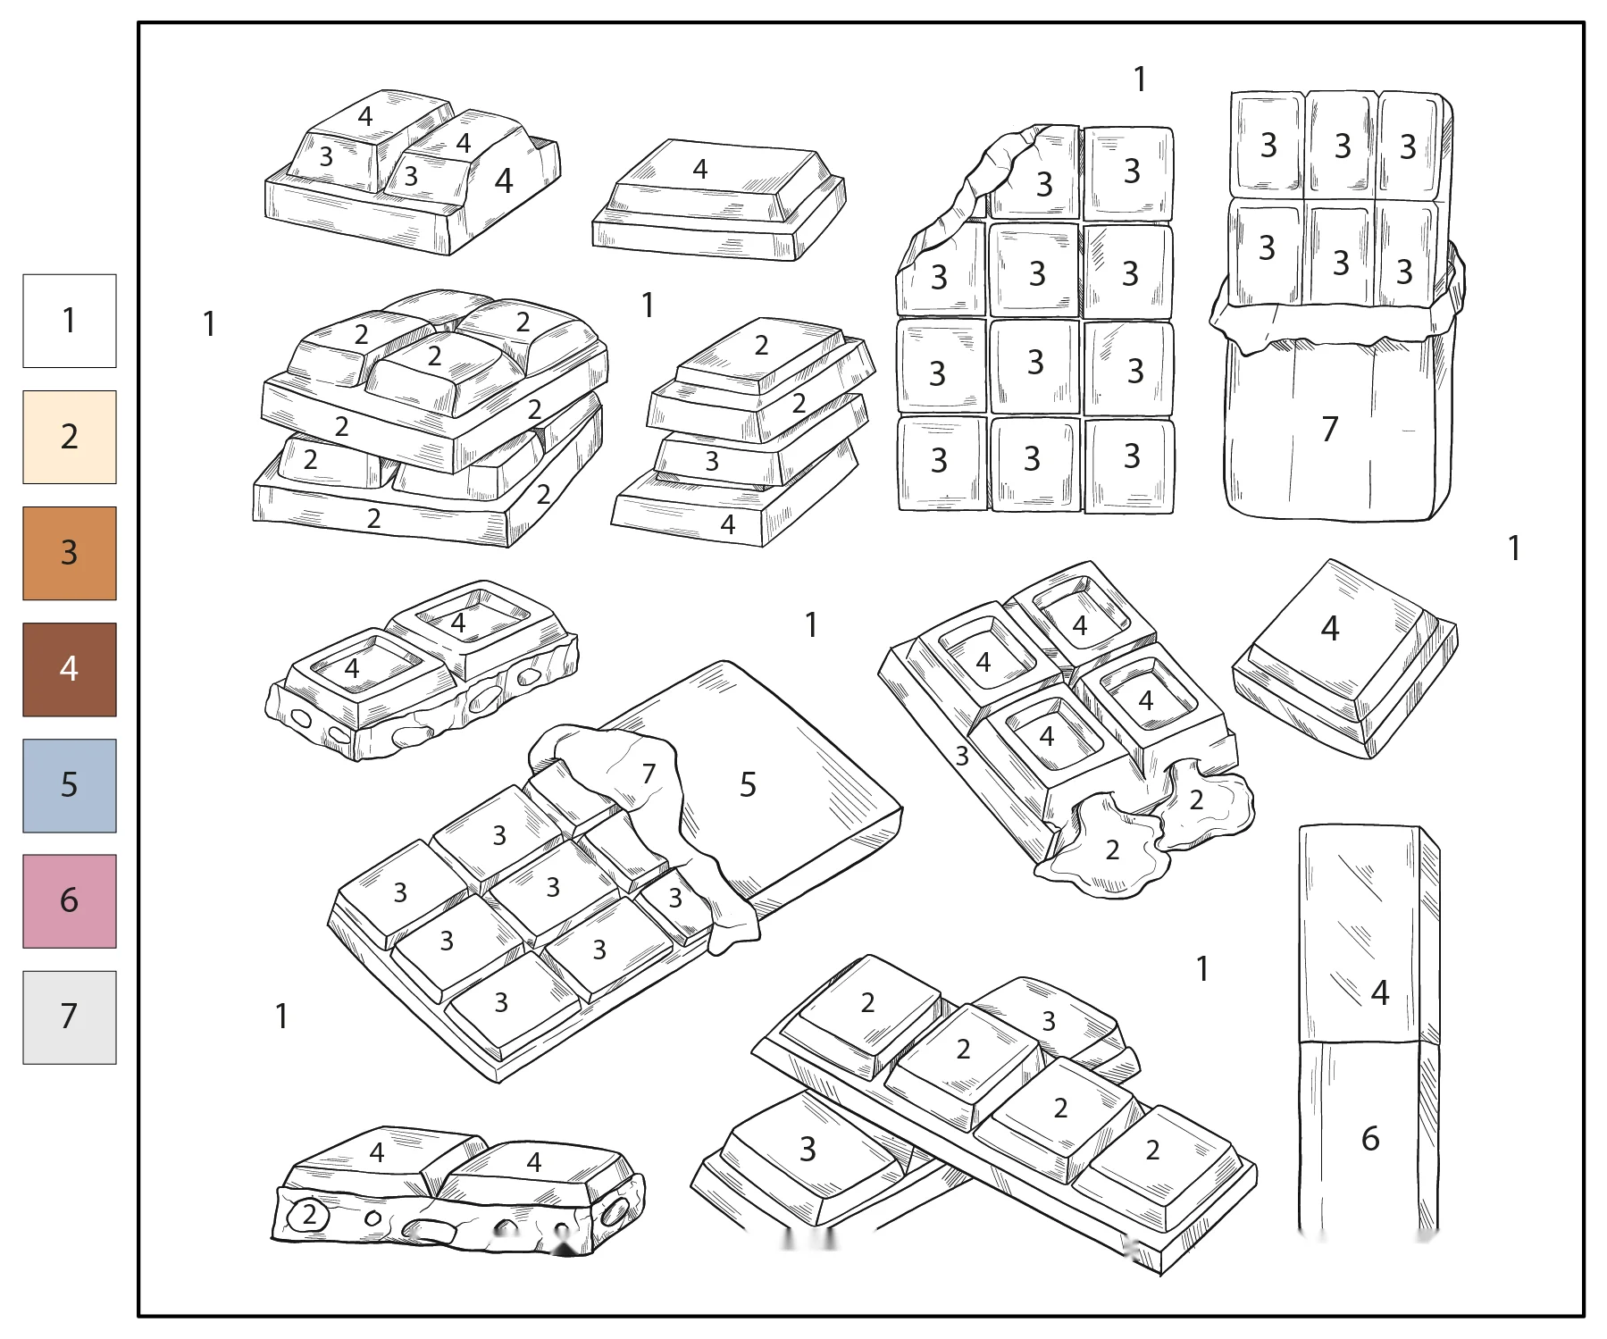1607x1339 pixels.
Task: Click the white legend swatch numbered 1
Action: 70,321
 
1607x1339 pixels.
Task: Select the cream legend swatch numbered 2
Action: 70,437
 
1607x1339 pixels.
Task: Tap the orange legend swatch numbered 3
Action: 70,553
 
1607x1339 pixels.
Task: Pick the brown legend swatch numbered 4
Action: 70,669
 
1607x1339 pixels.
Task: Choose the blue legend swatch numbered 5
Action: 70,785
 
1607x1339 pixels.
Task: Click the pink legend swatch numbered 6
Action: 70,900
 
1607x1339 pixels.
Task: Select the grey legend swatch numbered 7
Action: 70,1017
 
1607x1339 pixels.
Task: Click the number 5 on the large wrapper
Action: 748,785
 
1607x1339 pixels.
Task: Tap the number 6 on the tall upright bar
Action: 1370,1138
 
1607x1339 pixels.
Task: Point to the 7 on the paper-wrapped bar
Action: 1330,430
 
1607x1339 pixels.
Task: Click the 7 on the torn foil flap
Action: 649,774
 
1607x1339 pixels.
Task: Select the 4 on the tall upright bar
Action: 1380,992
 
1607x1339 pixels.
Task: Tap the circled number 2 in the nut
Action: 309,1214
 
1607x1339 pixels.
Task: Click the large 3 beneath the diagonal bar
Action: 808,1149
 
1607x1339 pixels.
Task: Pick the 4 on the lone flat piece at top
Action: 700,169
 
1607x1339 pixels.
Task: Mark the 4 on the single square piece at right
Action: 1330,629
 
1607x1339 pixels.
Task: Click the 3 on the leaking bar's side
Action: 962,757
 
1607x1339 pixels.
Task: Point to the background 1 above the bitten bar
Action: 1140,80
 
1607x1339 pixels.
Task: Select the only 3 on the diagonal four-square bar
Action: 1049,1020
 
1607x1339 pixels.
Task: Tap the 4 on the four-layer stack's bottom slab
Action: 728,524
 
